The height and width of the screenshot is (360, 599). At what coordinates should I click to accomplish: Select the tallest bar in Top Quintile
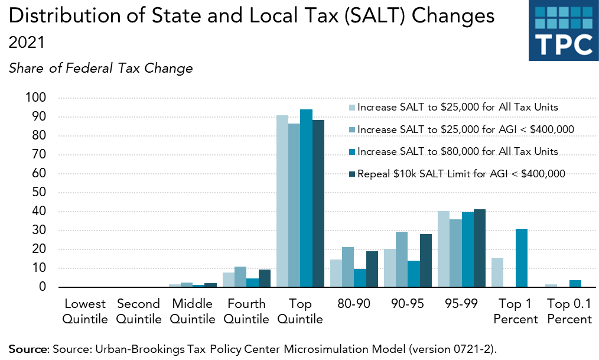pyautogui.click(x=306, y=198)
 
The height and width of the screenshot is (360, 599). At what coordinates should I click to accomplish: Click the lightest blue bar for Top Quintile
pyautogui.click(x=282, y=201)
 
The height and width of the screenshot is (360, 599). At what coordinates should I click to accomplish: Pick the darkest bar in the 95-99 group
pyautogui.click(x=480, y=248)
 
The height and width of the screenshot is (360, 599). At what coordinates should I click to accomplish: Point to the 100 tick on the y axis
pyautogui.click(x=35, y=98)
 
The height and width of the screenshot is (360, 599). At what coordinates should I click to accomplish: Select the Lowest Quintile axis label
pyautogui.click(x=85, y=312)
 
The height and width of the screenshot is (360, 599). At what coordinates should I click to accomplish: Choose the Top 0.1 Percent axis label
pyautogui.click(x=569, y=312)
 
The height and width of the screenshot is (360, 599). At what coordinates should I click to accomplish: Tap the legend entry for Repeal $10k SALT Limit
pyautogui.click(x=461, y=174)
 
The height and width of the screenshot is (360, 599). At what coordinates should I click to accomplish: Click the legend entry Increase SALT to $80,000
pyautogui.click(x=457, y=151)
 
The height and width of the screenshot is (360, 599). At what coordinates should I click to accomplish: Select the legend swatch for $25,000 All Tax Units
pyautogui.click(x=352, y=108)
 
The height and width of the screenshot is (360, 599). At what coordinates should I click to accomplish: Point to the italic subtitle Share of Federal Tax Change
pyautogui.click(x=101, y=69)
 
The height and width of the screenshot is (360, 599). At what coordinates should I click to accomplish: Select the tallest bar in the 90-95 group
pyautogui.click(x=402, y=260)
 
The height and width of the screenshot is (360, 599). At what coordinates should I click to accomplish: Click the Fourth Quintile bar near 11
pyautogui.click(x=240, y=277)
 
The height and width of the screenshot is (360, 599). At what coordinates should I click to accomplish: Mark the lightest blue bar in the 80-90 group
pyautogui.click(x=336, y=273)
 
